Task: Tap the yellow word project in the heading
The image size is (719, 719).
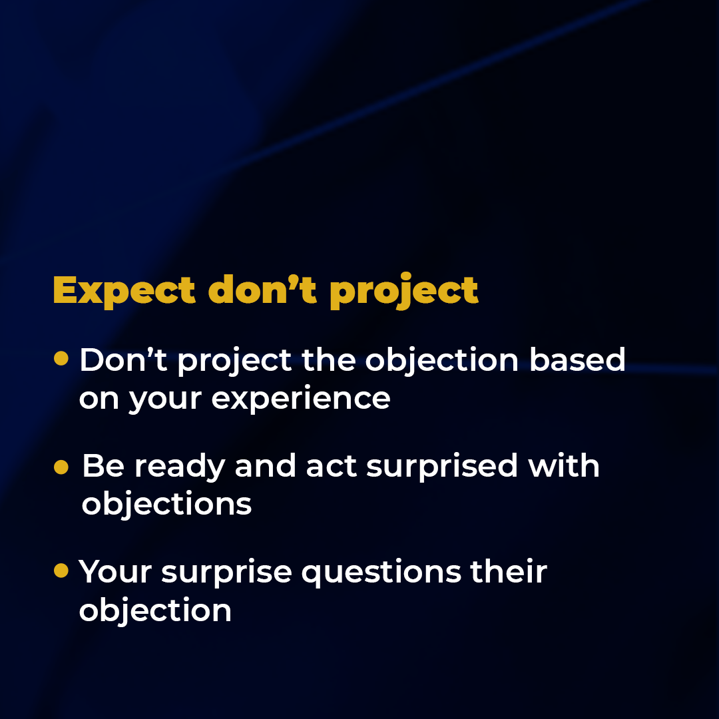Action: (x=404, y=291)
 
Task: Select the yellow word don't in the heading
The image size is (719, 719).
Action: (x=262, y=289)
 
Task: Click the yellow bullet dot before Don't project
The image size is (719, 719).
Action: (x=61, y=358)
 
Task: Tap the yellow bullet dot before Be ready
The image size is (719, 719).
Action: (x=61, y=467)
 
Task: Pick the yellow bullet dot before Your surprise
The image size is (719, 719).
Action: (x=61, y=571)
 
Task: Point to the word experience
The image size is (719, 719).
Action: (x=301, y=399)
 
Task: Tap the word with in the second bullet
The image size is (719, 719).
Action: (x=564, y=465)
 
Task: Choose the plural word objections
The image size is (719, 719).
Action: (x=166, y=505)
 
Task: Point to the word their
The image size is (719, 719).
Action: (x=509, y=571)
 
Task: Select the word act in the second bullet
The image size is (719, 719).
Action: (x=331, y=467)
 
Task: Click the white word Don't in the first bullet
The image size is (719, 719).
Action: (x=123, y=359)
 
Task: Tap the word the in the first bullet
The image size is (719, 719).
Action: (x=329, y=359)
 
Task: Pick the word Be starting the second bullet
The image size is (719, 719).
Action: (x=103, y=466)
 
